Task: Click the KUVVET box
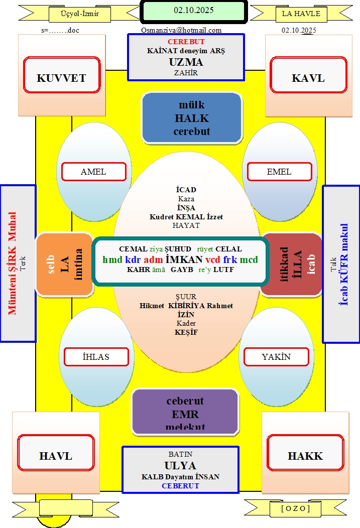click(x=61, y=78)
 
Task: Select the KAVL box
click(x=308, y=78)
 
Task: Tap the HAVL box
click(x=56, y=456)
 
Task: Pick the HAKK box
click(x=305, y=456)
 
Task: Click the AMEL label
click(x=93, y=172)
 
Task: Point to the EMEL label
click(x=279, y=172)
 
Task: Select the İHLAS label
click(x=96, y=357)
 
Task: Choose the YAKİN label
click(x=276, y=357)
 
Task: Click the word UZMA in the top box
click(x=186, y=62)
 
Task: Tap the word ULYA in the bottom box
click(x=180, y=465)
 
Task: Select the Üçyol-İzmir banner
click(x=79, y=14)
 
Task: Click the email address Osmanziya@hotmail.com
click(x=181, y=30)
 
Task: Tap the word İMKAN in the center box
click(x=184, y=259)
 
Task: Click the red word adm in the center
click(x=153, y=259)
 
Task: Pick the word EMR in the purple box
click(x=185, y=415)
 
